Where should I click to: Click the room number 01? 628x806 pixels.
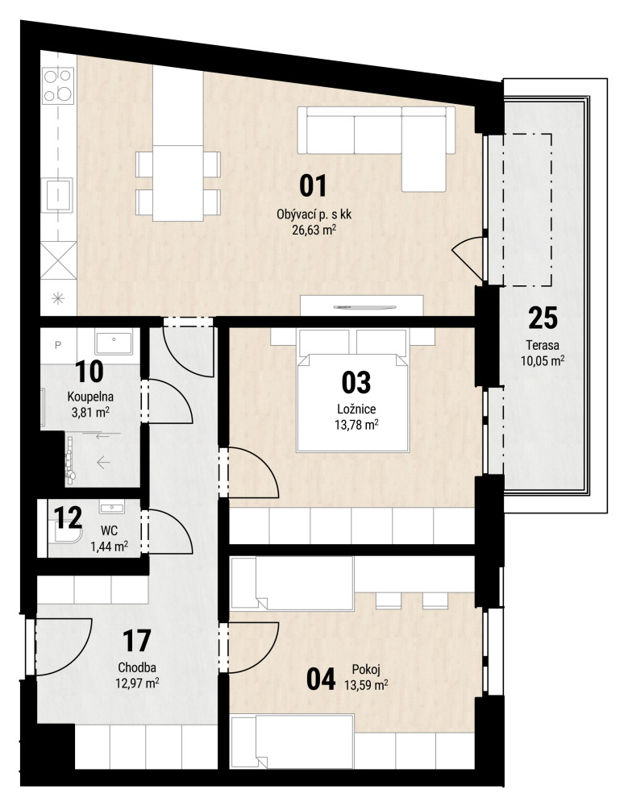click(x=313, y=186)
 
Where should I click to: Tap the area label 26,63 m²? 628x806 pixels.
click(x=314, y=230)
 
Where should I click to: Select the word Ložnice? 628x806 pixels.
click(x=356, y=409)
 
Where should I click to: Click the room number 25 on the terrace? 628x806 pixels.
click(x=543, y=318)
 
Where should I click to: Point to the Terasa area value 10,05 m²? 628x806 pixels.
click(x=543, y=360)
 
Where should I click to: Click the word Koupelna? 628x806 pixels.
click(x=90, y=397)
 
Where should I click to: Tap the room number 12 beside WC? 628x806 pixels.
click(x=68, y=517)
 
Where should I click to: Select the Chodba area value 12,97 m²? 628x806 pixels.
click(x=137, y=683)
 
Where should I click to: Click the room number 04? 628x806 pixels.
click(x=321, y=679)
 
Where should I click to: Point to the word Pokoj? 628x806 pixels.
click(x=366, y=670)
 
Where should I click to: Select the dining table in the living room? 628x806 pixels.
click(x=178, y=183)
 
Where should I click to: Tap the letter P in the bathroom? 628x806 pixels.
click(x=57, y=346)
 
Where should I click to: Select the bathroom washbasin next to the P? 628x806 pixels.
click(x=114, y=343)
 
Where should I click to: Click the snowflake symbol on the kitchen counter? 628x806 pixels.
click(x=57, y=297)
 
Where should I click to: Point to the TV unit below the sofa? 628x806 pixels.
click(x=362, y=305)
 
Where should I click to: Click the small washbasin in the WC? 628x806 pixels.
click(x=111, y=507)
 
